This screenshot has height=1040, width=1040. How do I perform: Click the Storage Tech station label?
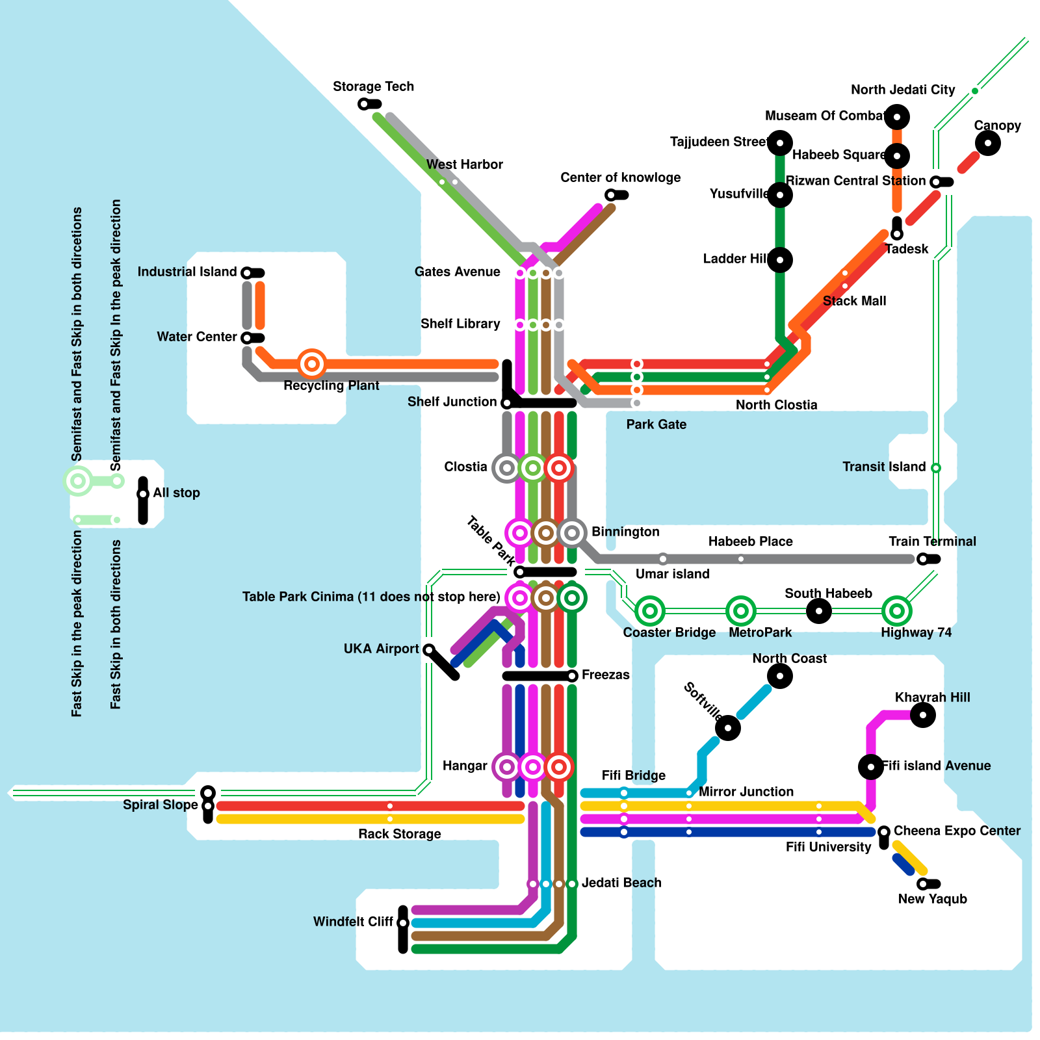click(373, 86)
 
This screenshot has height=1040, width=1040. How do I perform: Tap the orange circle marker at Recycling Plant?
click(312, 364)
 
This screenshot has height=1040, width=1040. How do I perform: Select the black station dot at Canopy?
click(987, 143)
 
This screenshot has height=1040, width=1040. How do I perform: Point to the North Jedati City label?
click(903, 90)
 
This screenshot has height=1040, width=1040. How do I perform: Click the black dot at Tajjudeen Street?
click(779, 143)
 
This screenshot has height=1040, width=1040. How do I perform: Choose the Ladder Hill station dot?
click(779, 260)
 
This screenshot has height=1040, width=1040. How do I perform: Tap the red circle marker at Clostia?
click(559, 468)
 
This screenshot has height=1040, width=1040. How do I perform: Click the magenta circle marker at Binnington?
click(520, 533)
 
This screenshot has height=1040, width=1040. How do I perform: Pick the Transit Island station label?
click(883, 467)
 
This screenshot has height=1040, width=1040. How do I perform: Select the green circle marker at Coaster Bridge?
click(650, 611)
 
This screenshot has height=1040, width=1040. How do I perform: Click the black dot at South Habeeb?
click(818, 611)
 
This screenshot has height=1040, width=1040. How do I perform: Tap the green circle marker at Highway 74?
click(897, 611)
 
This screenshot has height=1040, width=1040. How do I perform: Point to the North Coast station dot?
click(779, 676)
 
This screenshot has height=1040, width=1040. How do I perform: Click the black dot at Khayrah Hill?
click(922, 715)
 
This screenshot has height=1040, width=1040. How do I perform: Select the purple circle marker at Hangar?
click(507, 767)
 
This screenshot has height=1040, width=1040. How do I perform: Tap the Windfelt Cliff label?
click(353, 922)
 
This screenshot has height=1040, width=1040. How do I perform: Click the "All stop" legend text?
click(176, 493)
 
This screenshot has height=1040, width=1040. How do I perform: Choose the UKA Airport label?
click(381, 649)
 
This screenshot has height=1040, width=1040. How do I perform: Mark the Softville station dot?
click(727, 728)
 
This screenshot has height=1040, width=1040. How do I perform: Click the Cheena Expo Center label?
click(957, 831)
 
